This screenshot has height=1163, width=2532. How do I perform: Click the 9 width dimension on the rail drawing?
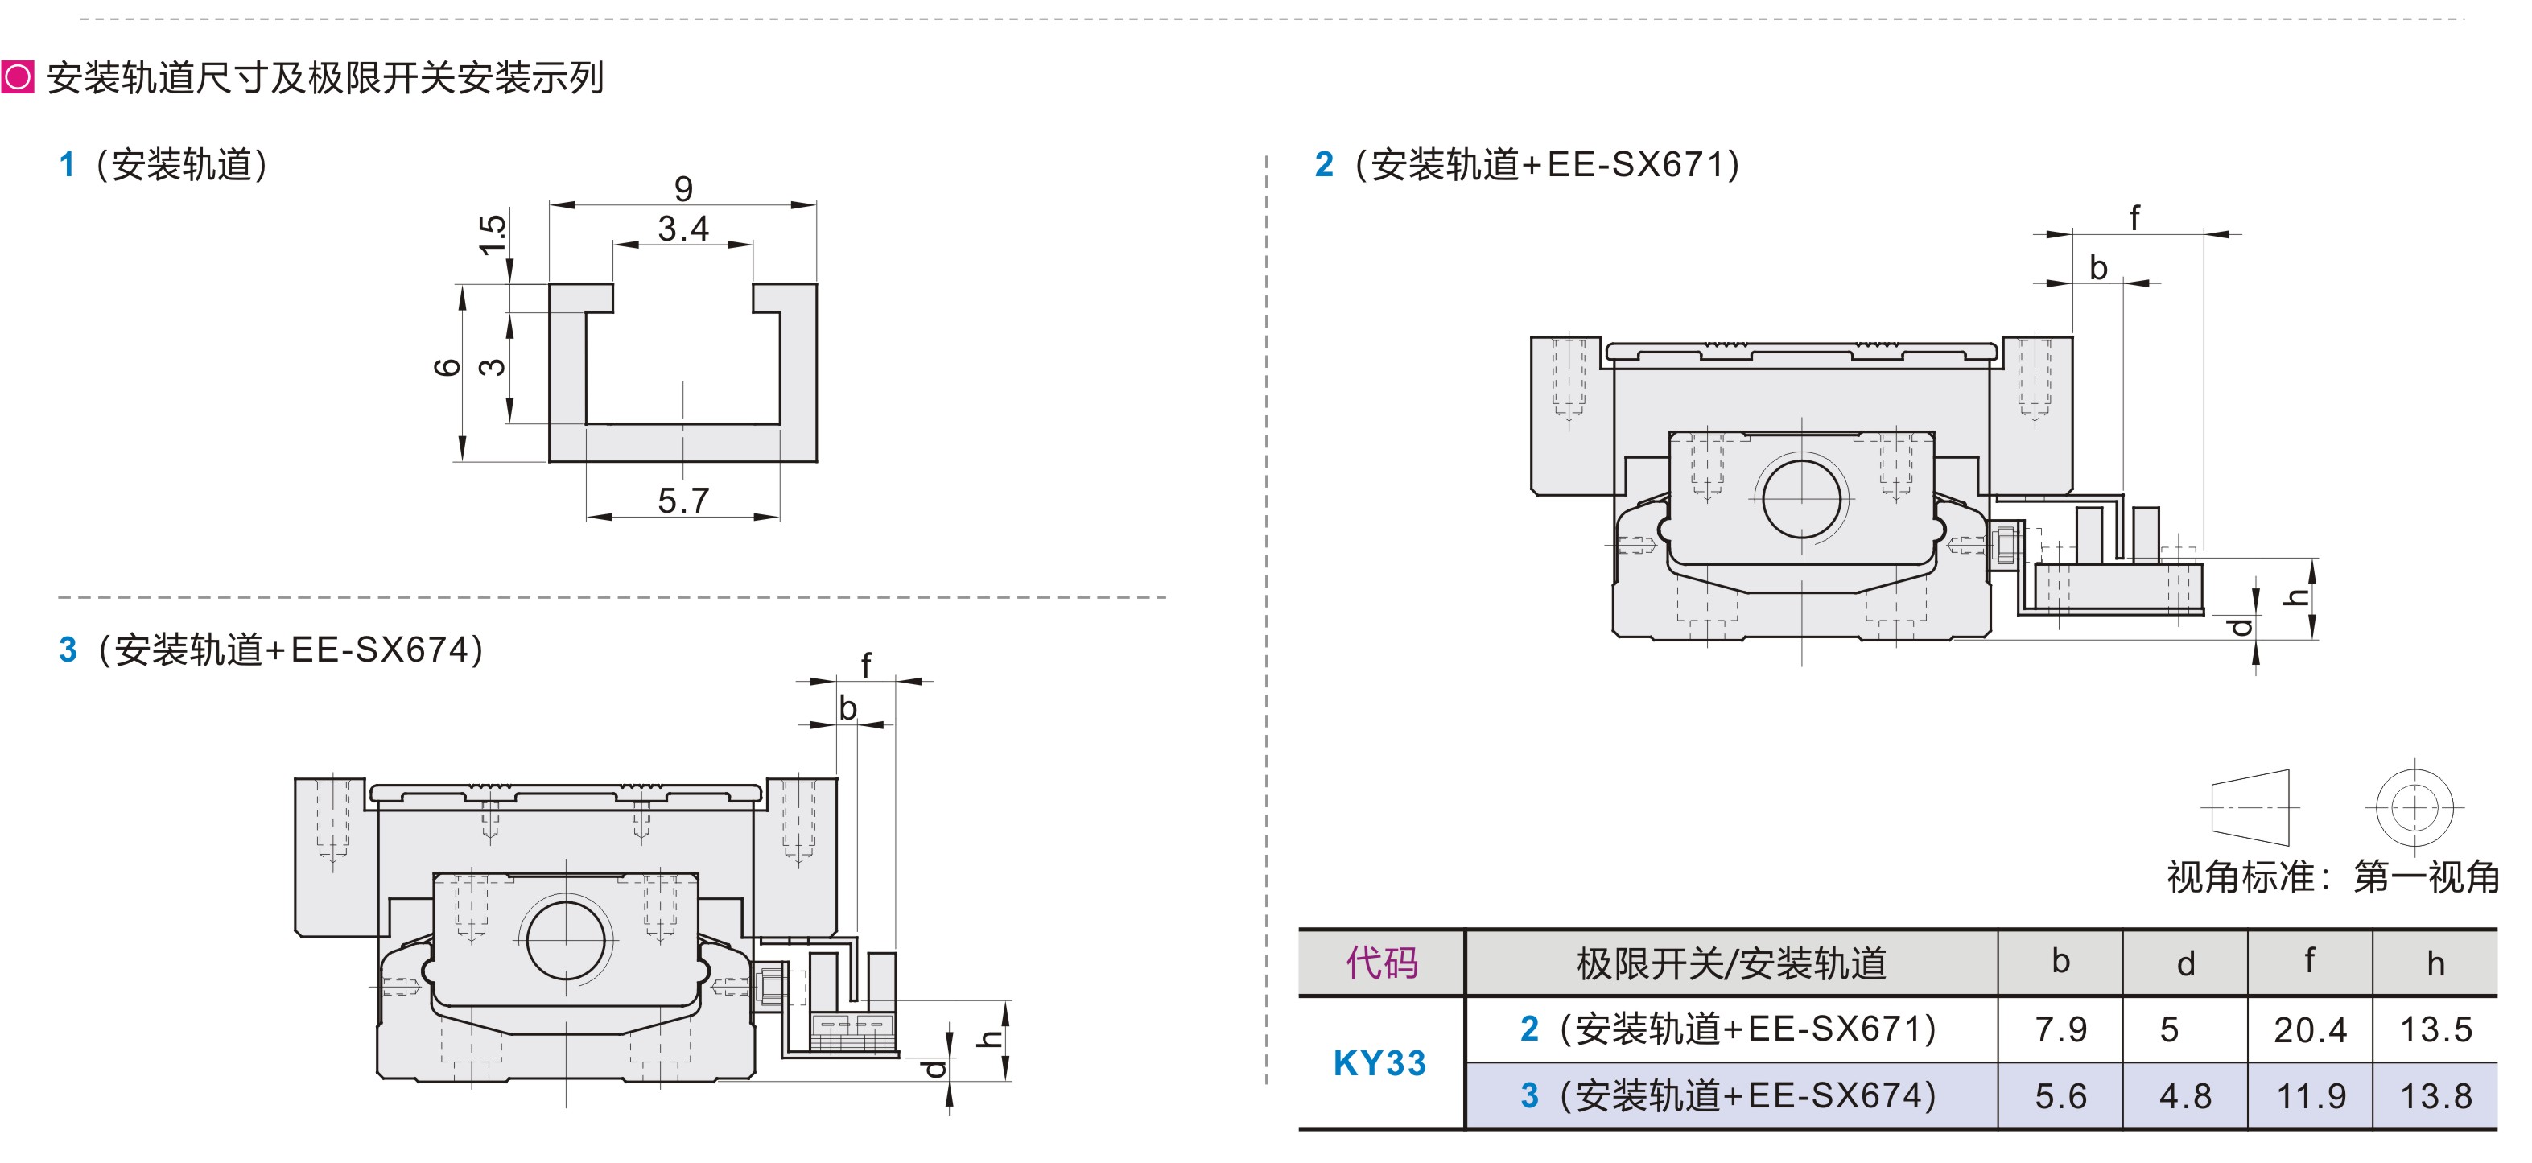683,188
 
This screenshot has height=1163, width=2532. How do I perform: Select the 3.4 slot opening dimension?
683,229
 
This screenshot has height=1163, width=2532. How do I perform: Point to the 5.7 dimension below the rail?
683,501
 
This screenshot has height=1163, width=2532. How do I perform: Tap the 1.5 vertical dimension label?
493,235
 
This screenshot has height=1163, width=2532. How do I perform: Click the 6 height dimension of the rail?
447,367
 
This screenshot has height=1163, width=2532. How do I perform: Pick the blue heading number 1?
67,164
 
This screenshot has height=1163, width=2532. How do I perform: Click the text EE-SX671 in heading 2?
1635,164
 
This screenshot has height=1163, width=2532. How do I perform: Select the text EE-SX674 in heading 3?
379,650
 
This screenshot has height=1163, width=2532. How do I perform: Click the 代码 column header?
1382,963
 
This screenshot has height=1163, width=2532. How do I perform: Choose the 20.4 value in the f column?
2310,1029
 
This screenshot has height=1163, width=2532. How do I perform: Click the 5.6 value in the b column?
2060,1095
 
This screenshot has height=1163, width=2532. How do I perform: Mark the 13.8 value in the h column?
2435,1095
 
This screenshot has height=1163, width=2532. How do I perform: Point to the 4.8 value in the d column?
2185,1095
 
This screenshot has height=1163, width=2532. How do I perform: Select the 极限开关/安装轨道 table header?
1731,963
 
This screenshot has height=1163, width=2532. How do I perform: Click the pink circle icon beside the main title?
18,76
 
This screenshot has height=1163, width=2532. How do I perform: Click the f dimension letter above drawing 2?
2134,217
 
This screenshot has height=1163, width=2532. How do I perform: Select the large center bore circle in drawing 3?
566,939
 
